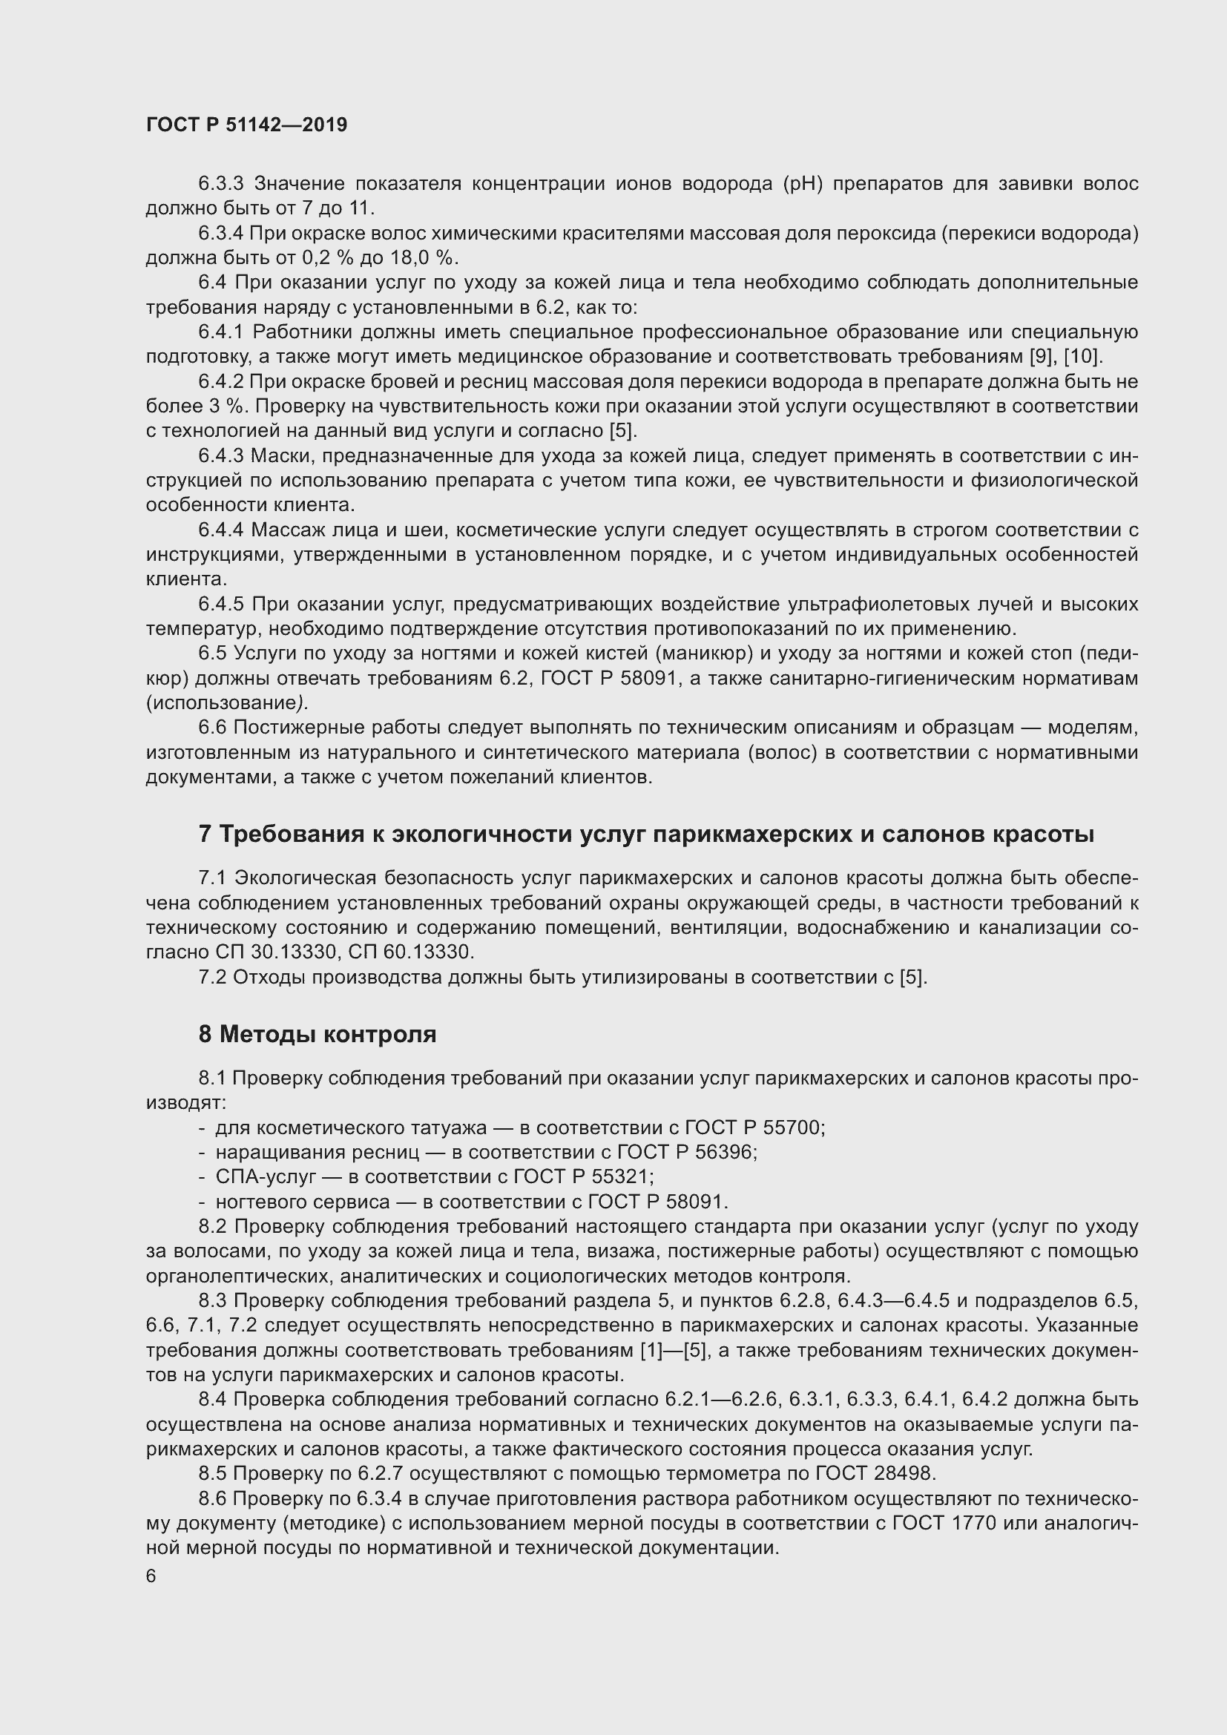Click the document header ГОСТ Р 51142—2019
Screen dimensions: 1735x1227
coord(246,125)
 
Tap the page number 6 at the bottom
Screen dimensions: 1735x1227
coord(151,1576)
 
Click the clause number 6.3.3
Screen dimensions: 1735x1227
coord(220,184)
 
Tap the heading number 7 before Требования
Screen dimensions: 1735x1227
coord(205,834)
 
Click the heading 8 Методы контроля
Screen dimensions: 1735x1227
coord(318,1034)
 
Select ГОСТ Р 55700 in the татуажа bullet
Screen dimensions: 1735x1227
coord(754,1128)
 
